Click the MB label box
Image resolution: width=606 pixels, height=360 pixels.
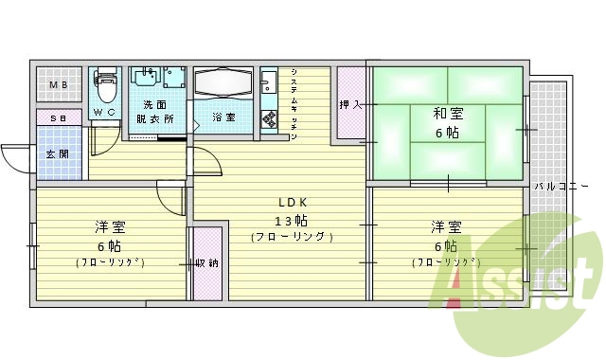(59, 85)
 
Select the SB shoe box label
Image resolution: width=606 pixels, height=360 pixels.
(59, 118)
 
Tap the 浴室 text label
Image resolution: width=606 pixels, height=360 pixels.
(223, 117)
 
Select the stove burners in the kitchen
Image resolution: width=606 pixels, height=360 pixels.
(268, 117)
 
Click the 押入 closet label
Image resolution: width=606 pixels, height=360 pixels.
(350, 103)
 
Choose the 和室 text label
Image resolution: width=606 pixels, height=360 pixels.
(447, 114)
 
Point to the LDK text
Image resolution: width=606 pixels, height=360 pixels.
(291, 201)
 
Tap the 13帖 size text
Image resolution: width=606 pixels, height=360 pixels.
(291, 219)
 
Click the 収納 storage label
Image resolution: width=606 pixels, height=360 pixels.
(207, 263)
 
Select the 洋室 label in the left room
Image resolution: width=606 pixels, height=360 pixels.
(110, 227)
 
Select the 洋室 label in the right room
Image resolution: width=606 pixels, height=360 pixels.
(446, 227)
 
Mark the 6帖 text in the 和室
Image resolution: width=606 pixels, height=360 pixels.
(447, 134)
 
